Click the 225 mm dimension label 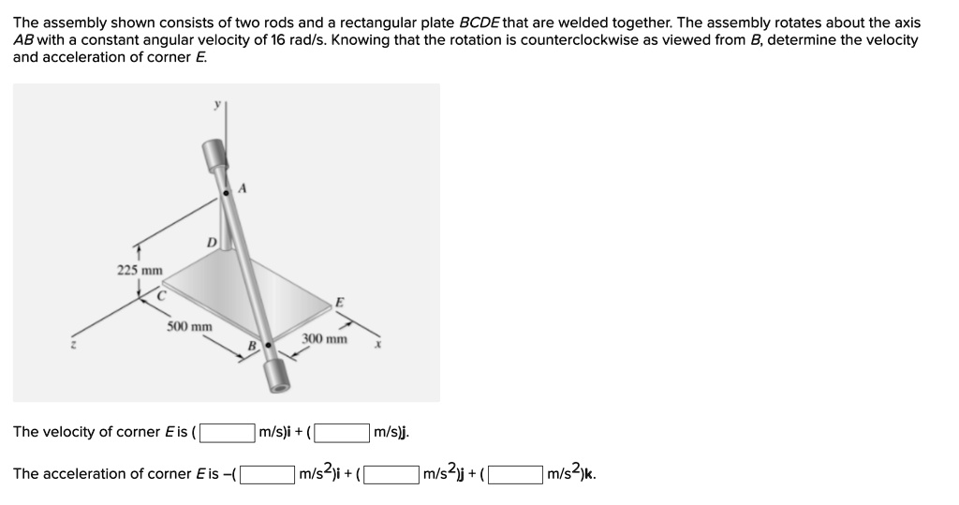[140, 271]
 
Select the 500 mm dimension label [190, 326]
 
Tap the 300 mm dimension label [324, 339]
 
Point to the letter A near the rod [243, 188]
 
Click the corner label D [212, 243]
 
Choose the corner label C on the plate [161, 294]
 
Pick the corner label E [338, 302]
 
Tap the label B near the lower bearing [251, 347]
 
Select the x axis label [376, 346]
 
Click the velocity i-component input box [229, 432]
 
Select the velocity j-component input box [342, 432]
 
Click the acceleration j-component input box [391, 474]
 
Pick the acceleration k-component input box [516, 474]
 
